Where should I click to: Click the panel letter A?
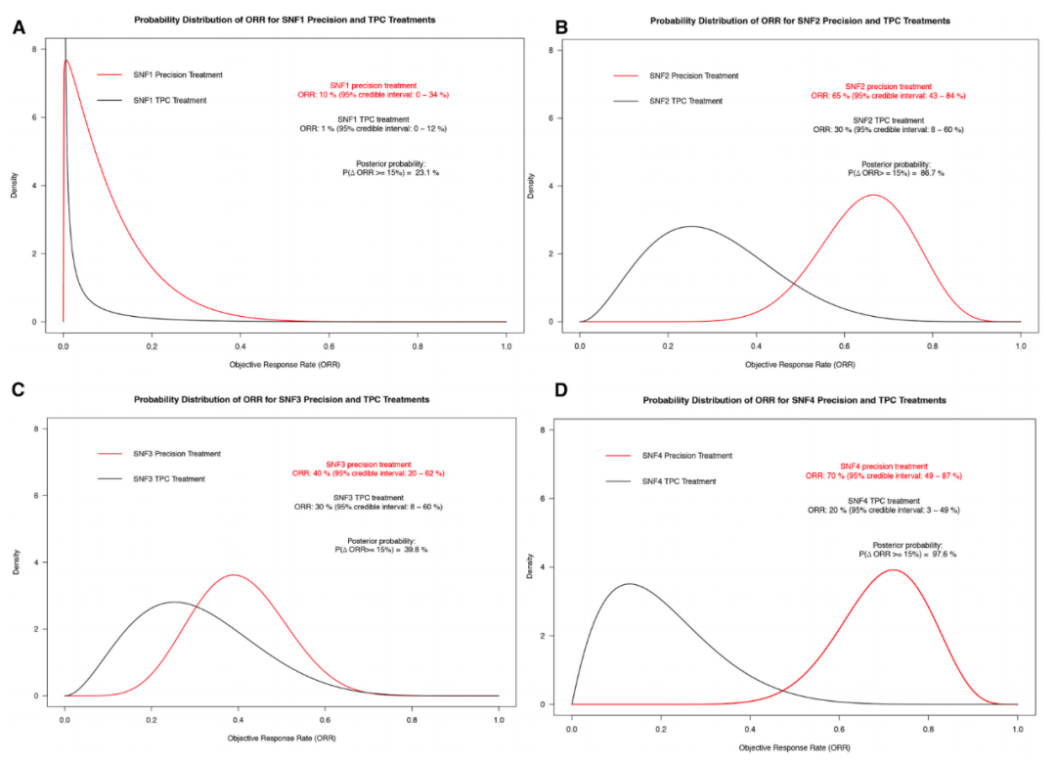pos(19,27)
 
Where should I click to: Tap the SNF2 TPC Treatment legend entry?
pos(684,101)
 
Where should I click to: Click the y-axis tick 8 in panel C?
pos(35,428)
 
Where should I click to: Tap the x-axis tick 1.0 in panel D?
pos(1017,729)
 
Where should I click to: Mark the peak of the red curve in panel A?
pos(66,61)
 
